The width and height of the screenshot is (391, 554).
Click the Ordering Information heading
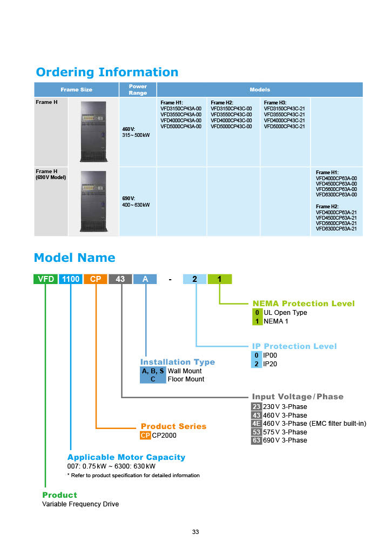[x=107, y=72]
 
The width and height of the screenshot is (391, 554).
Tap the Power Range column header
[x=138, y=89]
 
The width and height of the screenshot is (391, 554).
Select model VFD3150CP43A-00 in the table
[x=181, y=108]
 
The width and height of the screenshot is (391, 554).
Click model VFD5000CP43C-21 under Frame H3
[x=284, y=127]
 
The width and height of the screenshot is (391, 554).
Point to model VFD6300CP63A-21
[x=336, y=229]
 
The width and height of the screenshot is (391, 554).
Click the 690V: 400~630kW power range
[x=136, y=202]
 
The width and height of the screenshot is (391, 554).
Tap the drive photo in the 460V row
[x=93, y=131]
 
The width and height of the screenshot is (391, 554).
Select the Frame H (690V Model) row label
[x=51, y=174]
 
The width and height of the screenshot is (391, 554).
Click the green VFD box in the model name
[x=46, y=279]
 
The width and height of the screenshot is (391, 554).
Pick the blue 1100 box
[x=71, y=279]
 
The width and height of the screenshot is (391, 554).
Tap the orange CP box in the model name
[x=96, y=279]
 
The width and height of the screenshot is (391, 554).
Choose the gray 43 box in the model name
[x=120, y=279]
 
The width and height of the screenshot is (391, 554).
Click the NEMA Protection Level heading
[x=304, y=304]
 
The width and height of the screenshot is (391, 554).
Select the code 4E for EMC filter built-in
[x=257, y=424]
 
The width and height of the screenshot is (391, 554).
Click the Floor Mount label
[x=186, y=379]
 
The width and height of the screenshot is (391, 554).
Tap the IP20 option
[x=270, y=364]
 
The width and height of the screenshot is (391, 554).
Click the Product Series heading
[x=173, y=426]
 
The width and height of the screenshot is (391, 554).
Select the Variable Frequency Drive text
[x=80, y=504]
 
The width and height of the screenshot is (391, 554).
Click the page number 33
[x=195, y=532]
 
